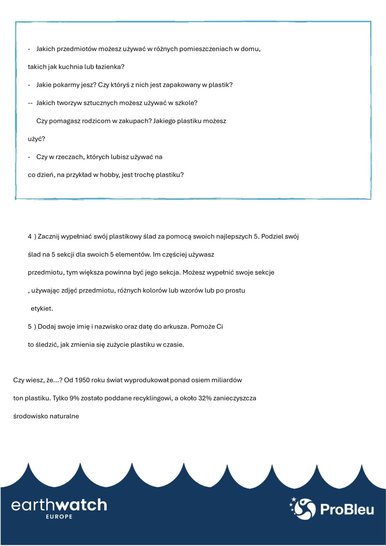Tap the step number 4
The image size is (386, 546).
(30, 237)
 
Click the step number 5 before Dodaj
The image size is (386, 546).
(30, 326)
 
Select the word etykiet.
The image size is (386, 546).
(42, 309)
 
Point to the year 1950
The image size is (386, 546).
(82, 380)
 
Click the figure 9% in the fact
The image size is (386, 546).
(74, 398)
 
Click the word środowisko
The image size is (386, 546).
(30, 416)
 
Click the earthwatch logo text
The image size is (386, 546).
(59, 505)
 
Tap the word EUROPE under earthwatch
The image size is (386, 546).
(59, 517)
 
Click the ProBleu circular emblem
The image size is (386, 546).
(303, 509)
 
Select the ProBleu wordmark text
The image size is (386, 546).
(347, 509)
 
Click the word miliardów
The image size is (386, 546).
(227, 380)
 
